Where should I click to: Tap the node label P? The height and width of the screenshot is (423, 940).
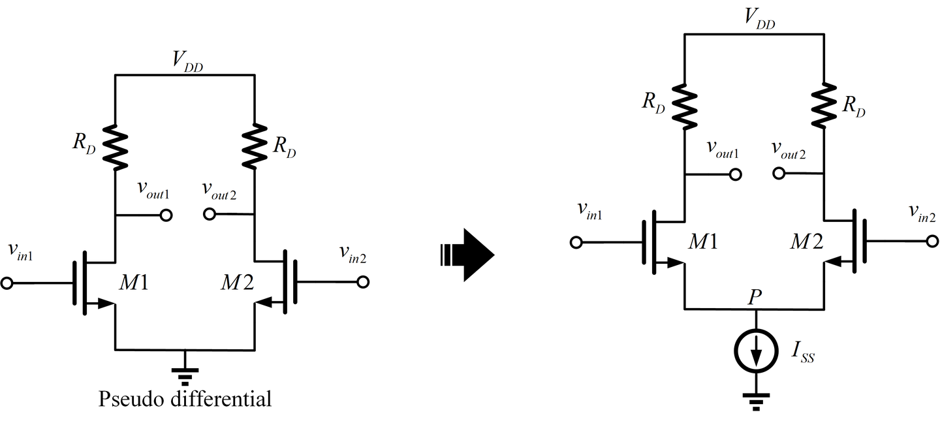coord(755,297)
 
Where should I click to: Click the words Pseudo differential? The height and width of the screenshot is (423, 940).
coord(185,399)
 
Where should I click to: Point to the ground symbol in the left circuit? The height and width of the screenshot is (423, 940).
coord(185,371)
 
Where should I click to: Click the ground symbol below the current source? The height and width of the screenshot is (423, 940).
coord(756,399)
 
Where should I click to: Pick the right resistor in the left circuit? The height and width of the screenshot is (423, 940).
coord(254,145)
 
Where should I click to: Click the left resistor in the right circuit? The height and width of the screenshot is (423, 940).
coord(684,105)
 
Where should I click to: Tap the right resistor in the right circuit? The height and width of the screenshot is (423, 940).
coord(824,105)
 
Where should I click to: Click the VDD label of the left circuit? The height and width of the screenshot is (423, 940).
coord(186,60)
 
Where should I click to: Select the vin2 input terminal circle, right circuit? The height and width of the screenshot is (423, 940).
coord(932,242)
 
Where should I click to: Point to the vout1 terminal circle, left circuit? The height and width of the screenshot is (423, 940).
coord(166,215)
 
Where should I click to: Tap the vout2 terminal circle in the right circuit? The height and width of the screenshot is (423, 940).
coord(778,174)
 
